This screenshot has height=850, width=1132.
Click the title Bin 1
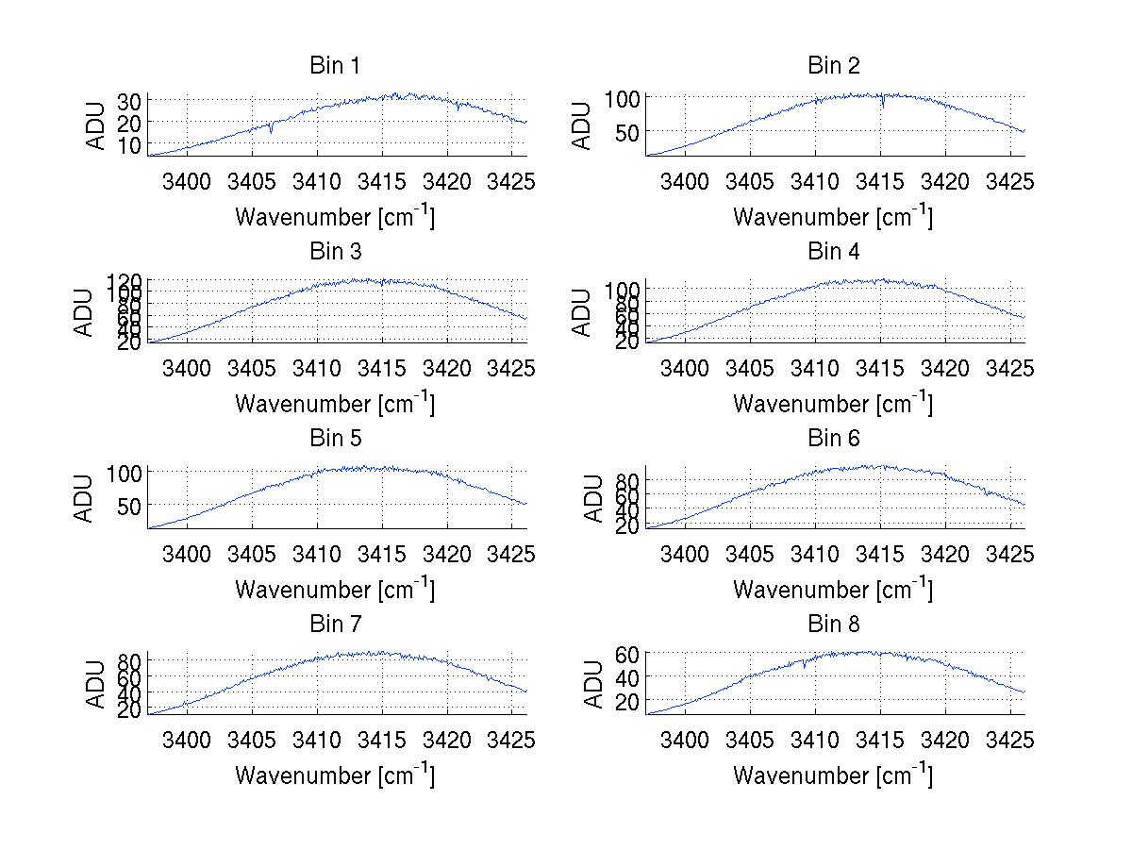[335, 66]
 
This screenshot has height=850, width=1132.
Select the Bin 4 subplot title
[834, 252]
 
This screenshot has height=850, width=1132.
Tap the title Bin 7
[335, 625]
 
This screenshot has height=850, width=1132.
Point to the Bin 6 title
[834, 439]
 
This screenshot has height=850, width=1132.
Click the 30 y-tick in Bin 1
[129, 101]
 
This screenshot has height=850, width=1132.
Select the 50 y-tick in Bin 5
[129, 505]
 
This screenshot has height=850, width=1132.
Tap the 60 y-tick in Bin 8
[628, 653]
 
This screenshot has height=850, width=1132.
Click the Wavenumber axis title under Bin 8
[833, 775]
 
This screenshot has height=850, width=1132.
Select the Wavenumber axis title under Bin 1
[335, 217]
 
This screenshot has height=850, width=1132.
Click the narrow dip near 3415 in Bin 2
[883, 106]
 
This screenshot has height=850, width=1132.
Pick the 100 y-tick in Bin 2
[623, 97]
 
